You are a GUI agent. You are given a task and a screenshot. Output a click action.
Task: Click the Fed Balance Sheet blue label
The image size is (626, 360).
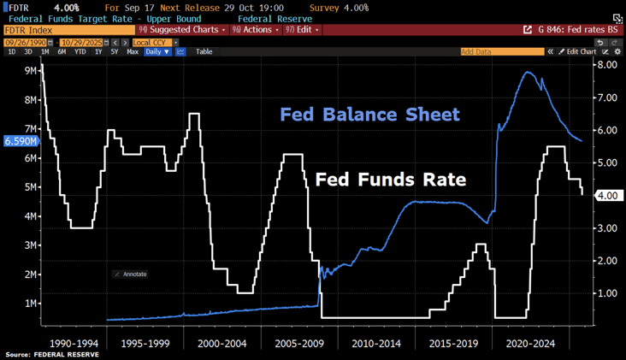[369, 115]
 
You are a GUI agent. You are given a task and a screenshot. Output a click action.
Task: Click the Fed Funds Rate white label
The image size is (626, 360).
[390, 180]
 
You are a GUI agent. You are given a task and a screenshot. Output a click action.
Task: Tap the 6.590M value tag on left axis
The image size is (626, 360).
[21, 141]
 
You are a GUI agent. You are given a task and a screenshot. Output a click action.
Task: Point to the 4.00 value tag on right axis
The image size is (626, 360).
[610, 196]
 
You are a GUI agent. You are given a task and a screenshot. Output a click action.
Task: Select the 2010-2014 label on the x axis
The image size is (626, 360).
[376, 343]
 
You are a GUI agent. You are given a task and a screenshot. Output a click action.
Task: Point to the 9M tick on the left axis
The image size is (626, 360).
[26, 70]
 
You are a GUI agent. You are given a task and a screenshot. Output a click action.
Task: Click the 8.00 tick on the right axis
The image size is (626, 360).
[607, 65]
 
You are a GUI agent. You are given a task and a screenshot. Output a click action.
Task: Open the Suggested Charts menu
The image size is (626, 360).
[183, 30]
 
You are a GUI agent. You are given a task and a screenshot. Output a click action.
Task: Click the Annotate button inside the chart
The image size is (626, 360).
[130, 274]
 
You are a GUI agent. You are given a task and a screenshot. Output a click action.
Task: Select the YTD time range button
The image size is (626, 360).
[80, 52]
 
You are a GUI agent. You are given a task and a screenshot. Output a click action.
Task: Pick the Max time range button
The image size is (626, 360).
[133, 52]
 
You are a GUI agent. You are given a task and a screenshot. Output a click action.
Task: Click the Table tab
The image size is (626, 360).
[204, 52]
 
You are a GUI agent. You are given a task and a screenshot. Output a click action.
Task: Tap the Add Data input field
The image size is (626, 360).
[501, 52]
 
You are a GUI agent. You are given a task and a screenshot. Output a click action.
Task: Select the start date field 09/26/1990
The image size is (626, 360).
[26, 42]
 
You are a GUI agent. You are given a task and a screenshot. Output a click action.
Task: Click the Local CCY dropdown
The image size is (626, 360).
[154, 42]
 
